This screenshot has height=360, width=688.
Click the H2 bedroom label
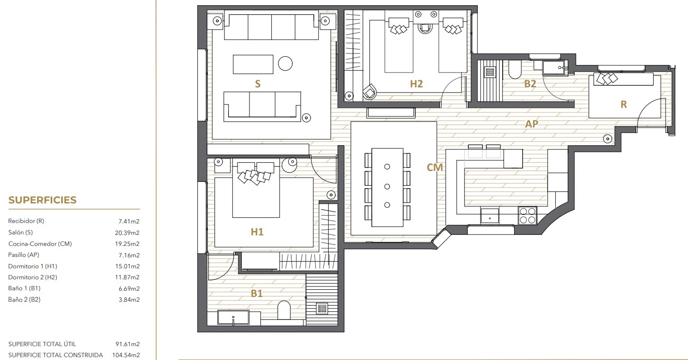point(417,84)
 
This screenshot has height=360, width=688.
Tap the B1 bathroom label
point(257,294)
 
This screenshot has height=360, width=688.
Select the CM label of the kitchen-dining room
point(435,167)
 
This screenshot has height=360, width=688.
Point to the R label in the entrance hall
point(623,105)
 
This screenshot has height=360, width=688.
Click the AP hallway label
point(532,124)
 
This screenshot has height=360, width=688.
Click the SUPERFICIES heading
point(43,200)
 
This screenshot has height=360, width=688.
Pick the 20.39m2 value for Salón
point(127,233)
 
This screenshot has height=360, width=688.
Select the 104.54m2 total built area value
point(126,355)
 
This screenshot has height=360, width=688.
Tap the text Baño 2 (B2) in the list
point(24,299)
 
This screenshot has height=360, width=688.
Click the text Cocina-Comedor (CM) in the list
point(40,244)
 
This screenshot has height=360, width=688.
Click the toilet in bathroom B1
point(284,310)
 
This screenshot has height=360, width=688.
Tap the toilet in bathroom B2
point(515,69)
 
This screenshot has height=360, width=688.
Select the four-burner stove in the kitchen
point(527,215)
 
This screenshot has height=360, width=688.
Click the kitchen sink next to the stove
point(490,216)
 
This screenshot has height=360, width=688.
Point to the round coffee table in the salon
point(285,64)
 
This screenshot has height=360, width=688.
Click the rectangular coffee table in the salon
point(253,64)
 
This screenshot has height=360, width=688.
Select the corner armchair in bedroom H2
point(370,91)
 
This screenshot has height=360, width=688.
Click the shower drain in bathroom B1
point(322,308)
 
